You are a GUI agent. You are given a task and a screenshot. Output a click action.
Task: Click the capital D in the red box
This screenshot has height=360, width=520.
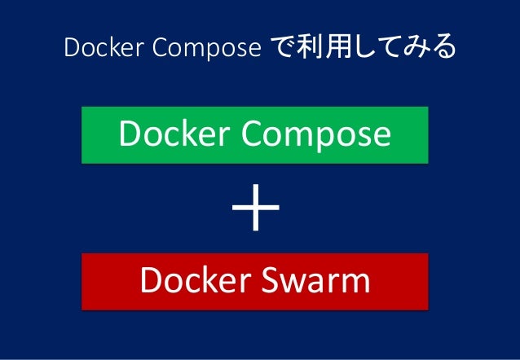tap(149, 280)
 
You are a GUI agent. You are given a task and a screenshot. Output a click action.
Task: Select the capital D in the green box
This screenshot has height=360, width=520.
tap(128, 134)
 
